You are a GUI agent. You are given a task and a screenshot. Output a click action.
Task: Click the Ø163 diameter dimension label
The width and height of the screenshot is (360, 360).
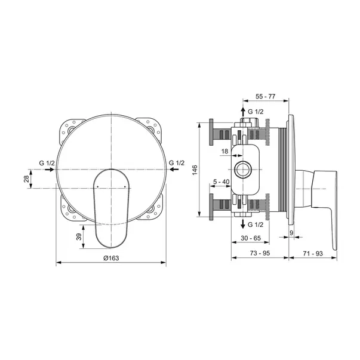(x=111, y=258)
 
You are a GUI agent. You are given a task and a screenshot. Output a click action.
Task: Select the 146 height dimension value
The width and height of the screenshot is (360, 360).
(x=195, y=170)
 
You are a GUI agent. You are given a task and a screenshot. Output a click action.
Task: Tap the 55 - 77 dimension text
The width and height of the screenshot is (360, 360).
(x=265, y=97)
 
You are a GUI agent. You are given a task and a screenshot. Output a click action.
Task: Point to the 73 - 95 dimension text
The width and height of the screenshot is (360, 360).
(x=260, y=253)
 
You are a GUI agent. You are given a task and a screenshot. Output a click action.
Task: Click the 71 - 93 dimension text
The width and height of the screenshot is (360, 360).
(x=313, y=254)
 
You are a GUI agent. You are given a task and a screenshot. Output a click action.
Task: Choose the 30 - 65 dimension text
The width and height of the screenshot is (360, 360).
(x=251, y=238)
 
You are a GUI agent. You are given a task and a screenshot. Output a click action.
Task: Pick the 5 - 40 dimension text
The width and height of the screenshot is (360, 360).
(x=221, y=182)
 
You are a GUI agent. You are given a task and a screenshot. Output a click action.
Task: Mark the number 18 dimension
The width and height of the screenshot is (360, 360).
(x=224, y=151)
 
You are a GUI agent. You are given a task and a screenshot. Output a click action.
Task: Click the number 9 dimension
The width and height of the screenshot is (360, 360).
(x=291, y=233)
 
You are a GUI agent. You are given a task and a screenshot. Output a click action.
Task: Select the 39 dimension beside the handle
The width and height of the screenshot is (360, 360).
(x=79, y=236)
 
